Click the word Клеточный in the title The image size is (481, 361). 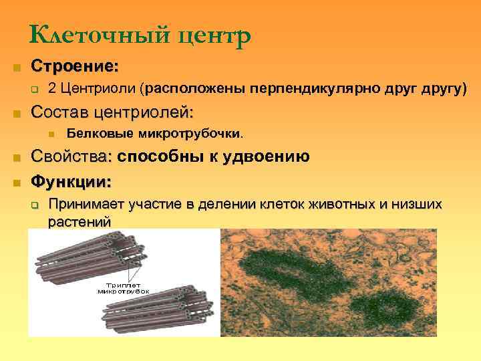click(x=84, y=35)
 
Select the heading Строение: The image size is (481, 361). click(x=75, y=68)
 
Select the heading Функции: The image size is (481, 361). click(x=72, y=181)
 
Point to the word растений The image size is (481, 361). click(x=79, y=221)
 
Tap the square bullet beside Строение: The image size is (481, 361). click(x=16, y=68)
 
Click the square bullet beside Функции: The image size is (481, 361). click(x=16, y=182)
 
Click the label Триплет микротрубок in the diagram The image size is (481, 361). click(x=123, y=288)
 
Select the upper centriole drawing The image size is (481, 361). click(x=94, y=257)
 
